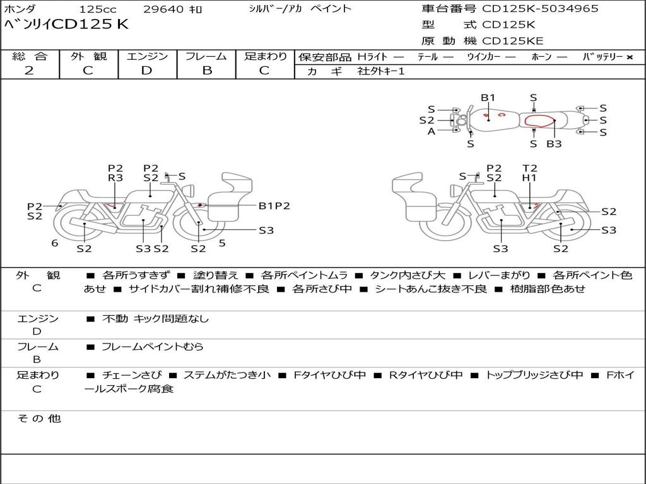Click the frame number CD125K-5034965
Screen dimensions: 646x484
pyautogui.click(x=540, y=8)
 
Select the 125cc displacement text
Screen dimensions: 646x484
pyautogui.click(x=98, y=9)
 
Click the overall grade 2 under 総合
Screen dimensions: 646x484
pyautogui.click(x=29, y=71)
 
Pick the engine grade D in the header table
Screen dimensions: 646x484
pyautogui.click(x=146, y=71)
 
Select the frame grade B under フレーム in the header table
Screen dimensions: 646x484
pyautogui.click(x=207, y=71)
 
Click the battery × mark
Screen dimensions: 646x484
pyautogui.click(x=630, y=57)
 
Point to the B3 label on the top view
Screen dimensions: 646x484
pyautogui.click(x=554, y=144)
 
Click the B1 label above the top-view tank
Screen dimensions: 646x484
pyautogui.click(x=488, y=98)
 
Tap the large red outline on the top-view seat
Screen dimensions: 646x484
pyautogui.click(x=540, y=120)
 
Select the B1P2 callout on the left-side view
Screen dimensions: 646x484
pyautogui.click(x=274, y=206)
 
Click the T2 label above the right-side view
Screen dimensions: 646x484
pyautogui.click(x=529, y=168)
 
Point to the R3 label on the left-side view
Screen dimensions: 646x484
pyautogui.click(x=115, y=178)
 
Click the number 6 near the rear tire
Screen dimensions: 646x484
pyautogui.click(x=54, y=243)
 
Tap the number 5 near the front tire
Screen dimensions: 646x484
pyautogui.click(x=222, y=243)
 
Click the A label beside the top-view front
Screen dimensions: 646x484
pyautogui.click(x=432, y=131)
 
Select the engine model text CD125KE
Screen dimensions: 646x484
pyautogui.click(x=512, y=41)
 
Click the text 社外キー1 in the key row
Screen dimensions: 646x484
pyautogui.click(x=381, y=71)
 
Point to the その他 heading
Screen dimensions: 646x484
pyautogui.click(x=39, y=418)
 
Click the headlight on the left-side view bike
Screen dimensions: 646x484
pyautogui.click(x=190, y=190)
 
